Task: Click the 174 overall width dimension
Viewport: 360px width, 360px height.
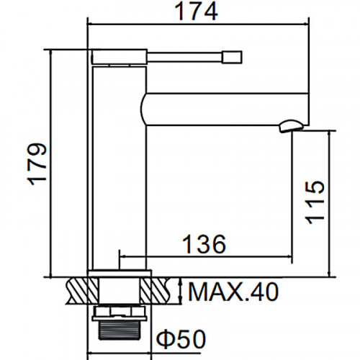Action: point(197,12)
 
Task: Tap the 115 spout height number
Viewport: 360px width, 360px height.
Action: point(315,203)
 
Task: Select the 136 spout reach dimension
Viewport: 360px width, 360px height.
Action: point(204,244)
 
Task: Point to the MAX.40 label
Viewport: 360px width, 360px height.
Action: point(233,292)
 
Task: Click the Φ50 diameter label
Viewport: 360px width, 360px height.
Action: point(181,338)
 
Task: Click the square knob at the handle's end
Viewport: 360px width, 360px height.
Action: point(232,57)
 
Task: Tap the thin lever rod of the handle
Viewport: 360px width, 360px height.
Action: point(185,57)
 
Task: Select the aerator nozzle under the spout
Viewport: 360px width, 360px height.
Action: point(291,126)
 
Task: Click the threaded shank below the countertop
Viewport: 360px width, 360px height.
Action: point(120,330)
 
